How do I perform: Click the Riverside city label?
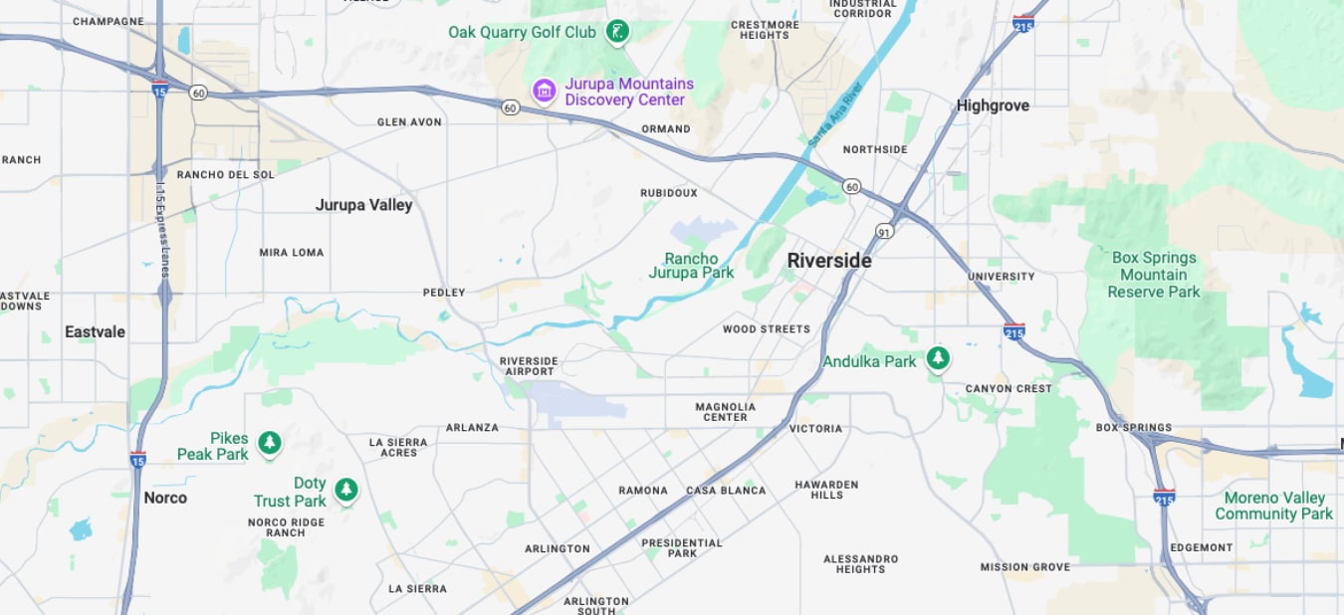(828, 261)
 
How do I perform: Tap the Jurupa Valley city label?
(363, 205)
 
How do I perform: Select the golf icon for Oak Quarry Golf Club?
(619, 32)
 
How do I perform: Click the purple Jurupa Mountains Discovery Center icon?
(544, 92)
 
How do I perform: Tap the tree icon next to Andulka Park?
(937, 359)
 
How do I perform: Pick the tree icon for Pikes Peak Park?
(269, 443)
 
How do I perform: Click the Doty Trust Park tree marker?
(345, 490)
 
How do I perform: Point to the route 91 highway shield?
(884, 231)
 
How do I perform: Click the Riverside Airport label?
(528, 366)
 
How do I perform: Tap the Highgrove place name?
(993, 105)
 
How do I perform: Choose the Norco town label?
(165, 498)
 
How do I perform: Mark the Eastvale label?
(95, 331)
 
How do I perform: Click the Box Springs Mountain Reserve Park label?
(1154, 275)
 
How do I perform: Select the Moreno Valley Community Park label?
(1273, 506)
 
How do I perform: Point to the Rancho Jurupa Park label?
(691, 266)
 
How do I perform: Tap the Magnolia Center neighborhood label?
(725, 412)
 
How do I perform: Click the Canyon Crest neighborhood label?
(1008, 389)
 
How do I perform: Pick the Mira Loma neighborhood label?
(292, 253)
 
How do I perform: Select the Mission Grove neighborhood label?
(1024, 567)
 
